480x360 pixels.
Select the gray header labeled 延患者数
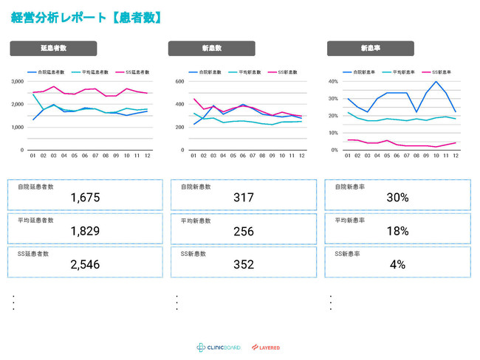tap(54, 49)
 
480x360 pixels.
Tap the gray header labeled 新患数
tap(212, 49)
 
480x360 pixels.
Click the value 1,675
tap(85, 198)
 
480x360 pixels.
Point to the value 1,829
tap(85, 231)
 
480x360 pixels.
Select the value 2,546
tap(85, 264)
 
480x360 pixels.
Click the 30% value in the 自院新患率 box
tap(397, 198)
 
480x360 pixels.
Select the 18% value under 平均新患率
tap(397, 231)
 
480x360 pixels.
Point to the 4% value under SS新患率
tap(397, 264)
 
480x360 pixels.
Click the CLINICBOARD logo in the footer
tap(219, 347)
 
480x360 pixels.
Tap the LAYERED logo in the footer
tap(267, 347)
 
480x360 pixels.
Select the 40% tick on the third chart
tap(332, 81)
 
